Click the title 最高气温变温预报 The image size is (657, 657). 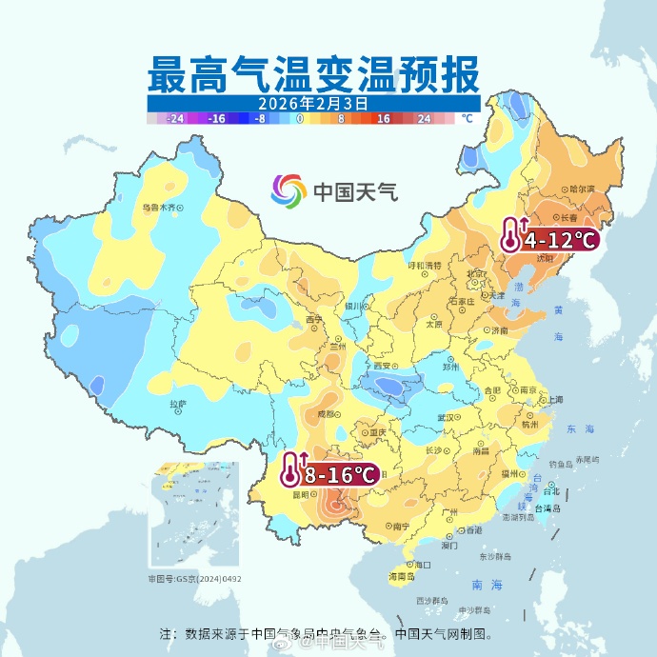[x=313, y=73]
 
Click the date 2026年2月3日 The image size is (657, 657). [x=313, y=103]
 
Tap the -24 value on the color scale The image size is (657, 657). [x=175, y=119]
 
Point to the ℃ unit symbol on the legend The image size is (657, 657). [x=466, y=119]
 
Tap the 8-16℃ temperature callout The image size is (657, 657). [x=328, y=471]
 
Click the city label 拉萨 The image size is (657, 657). [x=178, y=404]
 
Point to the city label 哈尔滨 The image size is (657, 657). [x=581, y=189]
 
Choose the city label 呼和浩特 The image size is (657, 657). [x=426, y=265]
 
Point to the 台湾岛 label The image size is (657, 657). [x=551, y=508]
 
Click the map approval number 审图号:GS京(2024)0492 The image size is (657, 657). [x=194, y=578]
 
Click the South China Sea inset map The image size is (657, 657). [x=194, y=515]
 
